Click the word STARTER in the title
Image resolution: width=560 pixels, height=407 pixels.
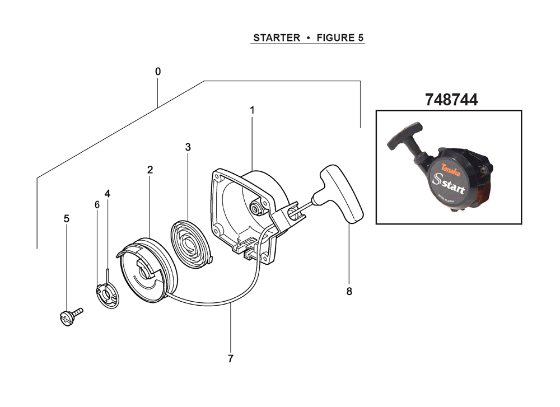277,38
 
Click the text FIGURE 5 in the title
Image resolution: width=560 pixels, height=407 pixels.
340,38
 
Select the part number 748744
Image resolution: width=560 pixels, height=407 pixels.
451,100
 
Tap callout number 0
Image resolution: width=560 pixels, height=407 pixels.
158,72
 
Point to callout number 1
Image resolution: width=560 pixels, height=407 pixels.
252,110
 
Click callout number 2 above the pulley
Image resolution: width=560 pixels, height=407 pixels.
150,170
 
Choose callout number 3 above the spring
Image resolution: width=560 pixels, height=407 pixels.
188,147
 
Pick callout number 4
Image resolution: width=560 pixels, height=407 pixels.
108,194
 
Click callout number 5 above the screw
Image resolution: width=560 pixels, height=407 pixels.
67,218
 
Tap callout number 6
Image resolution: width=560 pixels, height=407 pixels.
97,205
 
